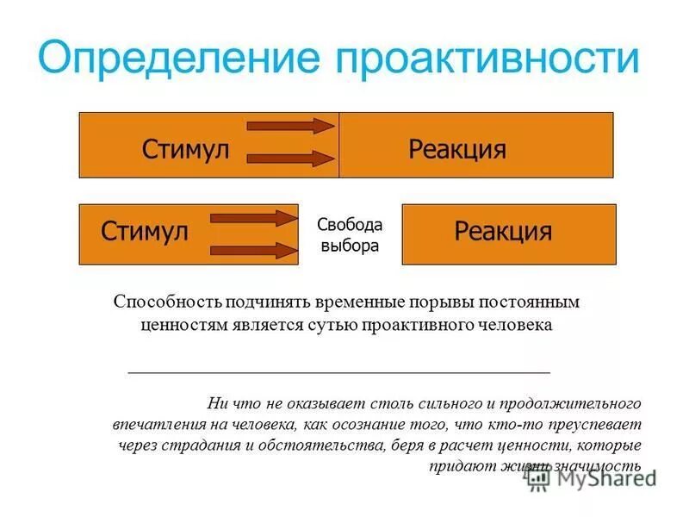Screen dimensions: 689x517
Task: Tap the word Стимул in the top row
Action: point(185,149)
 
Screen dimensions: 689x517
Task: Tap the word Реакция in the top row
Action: point(456,149)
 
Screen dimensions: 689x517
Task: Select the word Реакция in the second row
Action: point(503,231)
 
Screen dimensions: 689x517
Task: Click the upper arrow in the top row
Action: point(290,127)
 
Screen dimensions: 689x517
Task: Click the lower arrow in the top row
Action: point(290,159)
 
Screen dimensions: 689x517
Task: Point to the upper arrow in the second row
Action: point(253,218)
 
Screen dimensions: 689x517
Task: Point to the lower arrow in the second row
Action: point(253,251)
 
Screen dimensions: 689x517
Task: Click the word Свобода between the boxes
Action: point(349,225)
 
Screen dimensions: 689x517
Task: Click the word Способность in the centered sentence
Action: point(167,302)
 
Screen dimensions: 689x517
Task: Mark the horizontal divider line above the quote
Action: point(338,371)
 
